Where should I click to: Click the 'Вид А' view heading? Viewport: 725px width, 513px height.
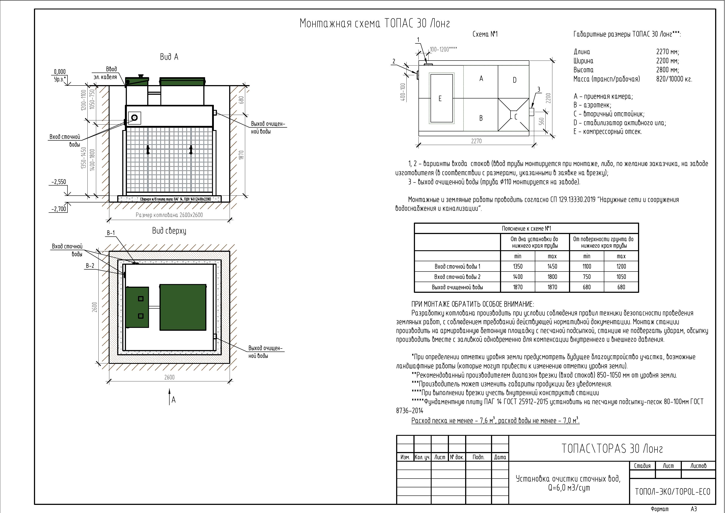[x=169, y=57]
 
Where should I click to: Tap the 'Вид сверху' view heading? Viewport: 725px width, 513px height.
[x=169, y=231]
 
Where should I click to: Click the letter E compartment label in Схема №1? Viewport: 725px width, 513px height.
[x=440, y=99]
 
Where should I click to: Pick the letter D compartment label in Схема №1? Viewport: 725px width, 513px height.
[x=514, y=80]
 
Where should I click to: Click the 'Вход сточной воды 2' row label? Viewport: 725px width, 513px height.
[x=457, y=277]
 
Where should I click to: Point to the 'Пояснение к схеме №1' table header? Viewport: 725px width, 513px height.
[x=526, y=229]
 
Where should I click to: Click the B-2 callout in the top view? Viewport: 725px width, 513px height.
[x=90, y=266]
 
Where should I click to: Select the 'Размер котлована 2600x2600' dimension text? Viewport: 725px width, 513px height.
[x=169, y=215]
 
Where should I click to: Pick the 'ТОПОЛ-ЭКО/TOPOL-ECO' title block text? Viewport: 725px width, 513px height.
[x=672, y=492]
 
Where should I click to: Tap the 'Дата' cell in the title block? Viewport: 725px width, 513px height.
[x=500, y=457]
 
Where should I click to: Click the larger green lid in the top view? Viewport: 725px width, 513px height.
[x=183, y=307]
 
